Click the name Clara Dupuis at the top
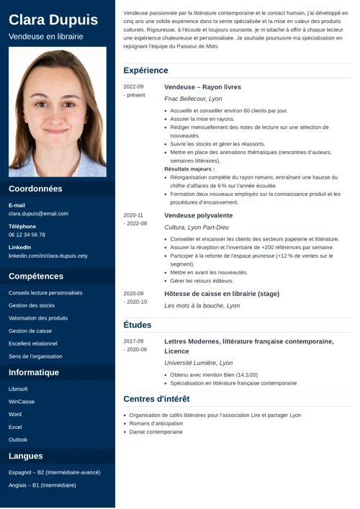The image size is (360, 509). (53, 19)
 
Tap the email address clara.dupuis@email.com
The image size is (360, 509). (38, 214)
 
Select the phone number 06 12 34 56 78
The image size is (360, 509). (27, 235)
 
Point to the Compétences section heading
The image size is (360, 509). (36, 276)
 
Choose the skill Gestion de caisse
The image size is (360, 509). (30, 330)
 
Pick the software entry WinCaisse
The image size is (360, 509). (22, 402)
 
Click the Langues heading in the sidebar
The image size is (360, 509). (26, 456)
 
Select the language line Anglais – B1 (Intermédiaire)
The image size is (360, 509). (42, 485)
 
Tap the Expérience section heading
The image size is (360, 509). (145, 71)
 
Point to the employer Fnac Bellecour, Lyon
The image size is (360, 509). (193, 99)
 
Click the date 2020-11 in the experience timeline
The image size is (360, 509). (133, 215)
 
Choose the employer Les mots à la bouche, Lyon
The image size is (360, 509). (202, 306)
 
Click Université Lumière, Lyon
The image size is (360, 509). (198, 364)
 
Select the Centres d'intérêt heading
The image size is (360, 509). (156, 399)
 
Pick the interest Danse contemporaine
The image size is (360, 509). (156, 432)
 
